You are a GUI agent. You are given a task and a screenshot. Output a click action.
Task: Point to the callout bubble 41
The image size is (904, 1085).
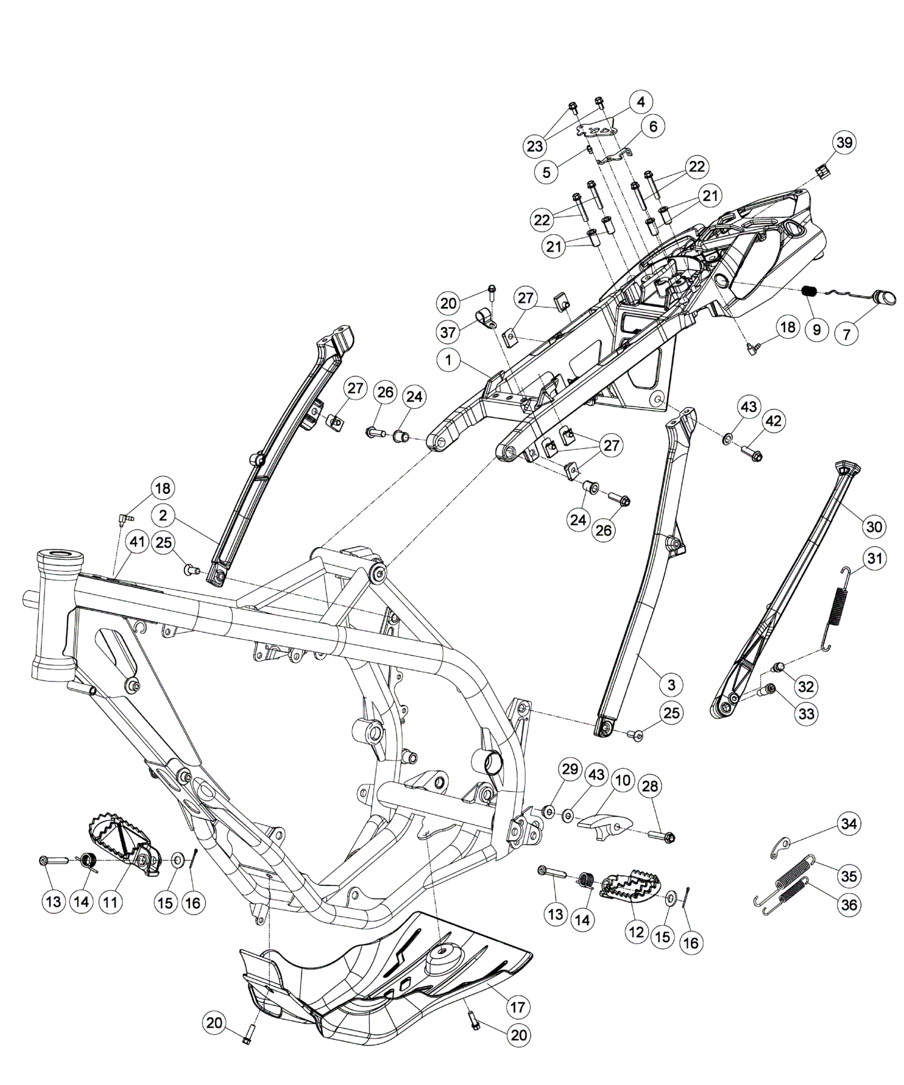(137, 542)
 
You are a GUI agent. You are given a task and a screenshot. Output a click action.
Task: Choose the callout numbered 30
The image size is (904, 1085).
(874, 527)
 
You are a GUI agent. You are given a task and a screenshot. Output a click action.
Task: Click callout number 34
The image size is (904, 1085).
(849, 824)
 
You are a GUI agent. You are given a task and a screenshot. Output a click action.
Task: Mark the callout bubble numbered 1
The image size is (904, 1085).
(449, 361)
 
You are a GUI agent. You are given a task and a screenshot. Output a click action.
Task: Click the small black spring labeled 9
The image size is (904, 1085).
(811, 292)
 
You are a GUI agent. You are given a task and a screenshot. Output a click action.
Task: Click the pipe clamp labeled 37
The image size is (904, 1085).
(484, 317)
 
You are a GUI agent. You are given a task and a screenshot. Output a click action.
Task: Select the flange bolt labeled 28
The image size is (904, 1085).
(663, 837)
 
